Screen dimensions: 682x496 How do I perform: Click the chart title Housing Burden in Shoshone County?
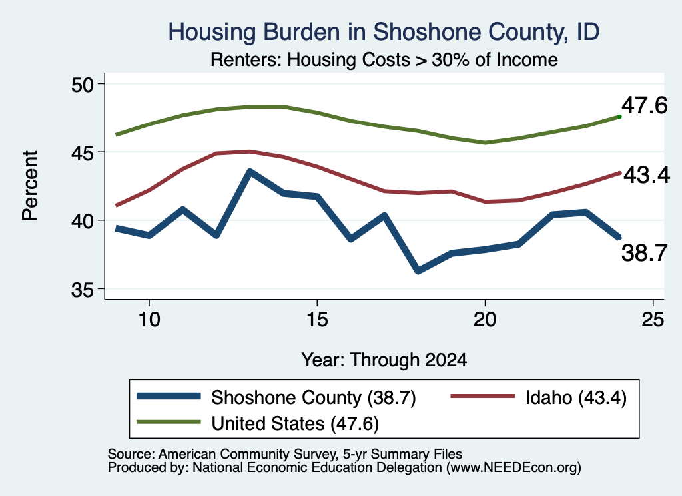384,32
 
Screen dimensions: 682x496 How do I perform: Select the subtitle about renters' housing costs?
384,59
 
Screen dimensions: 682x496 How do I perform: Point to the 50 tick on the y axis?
82,85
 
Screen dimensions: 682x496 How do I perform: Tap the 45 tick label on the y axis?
82,152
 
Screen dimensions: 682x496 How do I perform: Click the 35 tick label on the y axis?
82,290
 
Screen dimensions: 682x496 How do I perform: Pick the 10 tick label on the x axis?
149,320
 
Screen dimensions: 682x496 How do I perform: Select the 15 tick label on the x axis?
317,320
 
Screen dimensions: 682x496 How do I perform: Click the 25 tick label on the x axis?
653,320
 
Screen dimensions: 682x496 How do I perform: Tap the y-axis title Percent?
30,186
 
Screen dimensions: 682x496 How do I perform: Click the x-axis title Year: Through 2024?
384,360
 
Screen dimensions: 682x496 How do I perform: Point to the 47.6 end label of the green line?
644,105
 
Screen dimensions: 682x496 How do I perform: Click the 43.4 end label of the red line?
647,175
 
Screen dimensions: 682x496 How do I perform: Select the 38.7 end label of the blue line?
644,252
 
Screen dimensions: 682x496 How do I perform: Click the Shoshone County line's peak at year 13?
250,172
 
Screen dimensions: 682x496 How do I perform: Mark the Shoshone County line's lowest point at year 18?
418,271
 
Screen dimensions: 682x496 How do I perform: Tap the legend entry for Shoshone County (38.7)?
276,397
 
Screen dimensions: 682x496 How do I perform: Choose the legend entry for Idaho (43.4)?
538,397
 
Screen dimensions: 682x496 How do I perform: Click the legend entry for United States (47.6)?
258,423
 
